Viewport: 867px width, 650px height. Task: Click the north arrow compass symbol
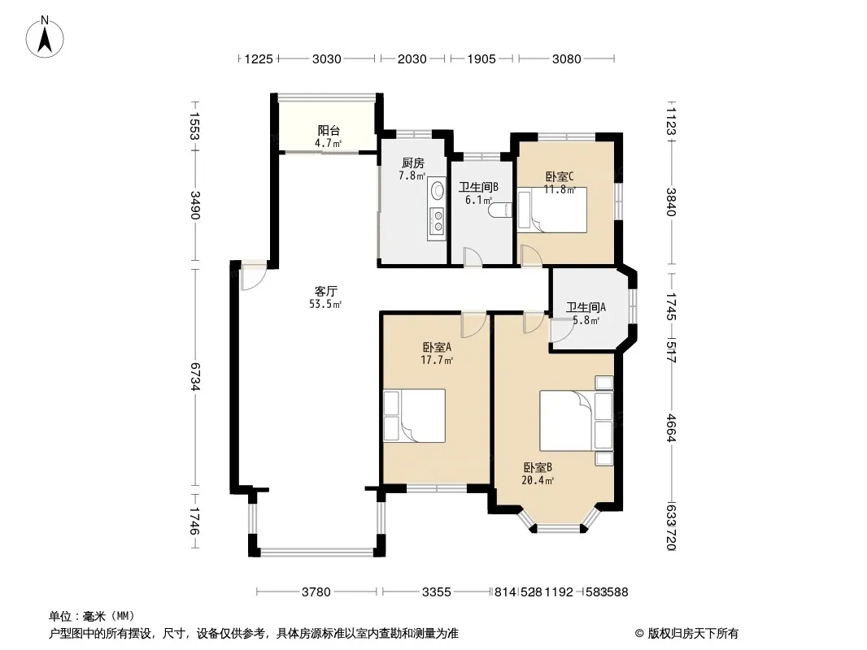pos(45,37)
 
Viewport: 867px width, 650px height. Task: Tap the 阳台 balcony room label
pos(329,130)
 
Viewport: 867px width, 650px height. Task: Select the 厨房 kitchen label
pos(413,163)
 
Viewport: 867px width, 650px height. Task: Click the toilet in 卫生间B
pos(500,211)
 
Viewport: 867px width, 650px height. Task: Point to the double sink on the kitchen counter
pos(438,219)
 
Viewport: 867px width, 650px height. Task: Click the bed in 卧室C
pos(552,210)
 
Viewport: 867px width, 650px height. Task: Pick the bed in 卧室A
pos(415,416)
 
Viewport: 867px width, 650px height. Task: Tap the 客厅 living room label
pos(325,291)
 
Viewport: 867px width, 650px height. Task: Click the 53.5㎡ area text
pos(325,304)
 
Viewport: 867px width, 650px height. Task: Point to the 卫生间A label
pos(586,307)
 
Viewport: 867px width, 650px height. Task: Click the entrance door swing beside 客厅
pos(254,277)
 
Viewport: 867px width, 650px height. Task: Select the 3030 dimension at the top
pos(327,58)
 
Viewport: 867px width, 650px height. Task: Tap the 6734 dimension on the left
pos(194,377)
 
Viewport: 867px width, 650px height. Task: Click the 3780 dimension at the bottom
pos(316,592)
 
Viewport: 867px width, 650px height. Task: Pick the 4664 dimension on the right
pos(671,428)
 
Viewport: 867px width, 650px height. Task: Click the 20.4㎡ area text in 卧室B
pos(538,480)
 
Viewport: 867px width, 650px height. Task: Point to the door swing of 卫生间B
pos(473,258)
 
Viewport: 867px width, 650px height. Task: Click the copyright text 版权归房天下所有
pos(693,634)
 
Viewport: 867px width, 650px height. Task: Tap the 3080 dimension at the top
pos(567,58)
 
